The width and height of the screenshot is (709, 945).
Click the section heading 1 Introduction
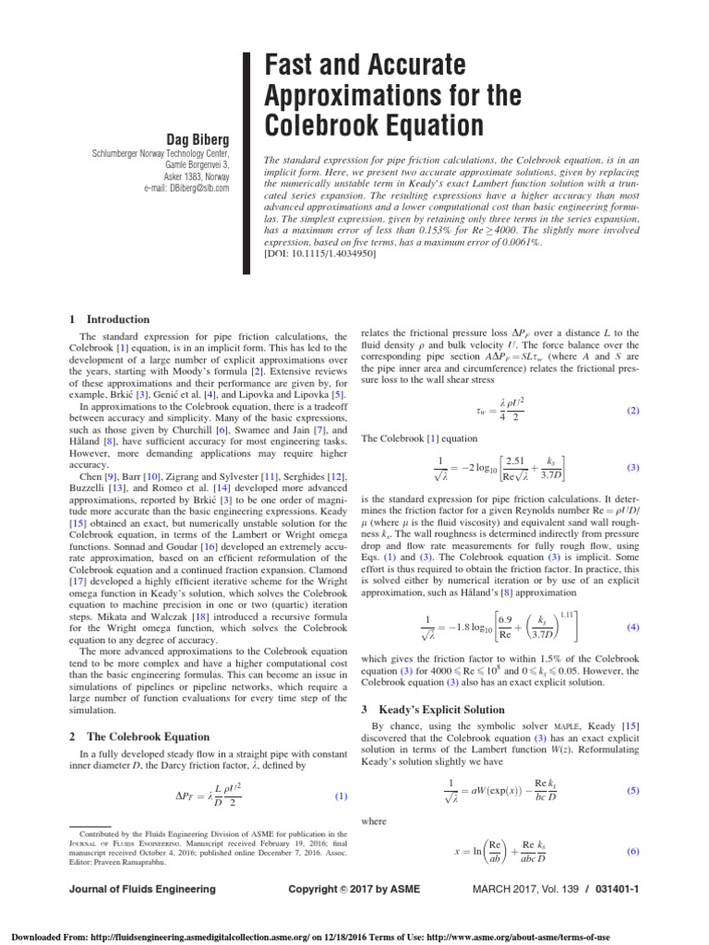click(103, 319)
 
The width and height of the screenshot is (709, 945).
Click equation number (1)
click(342, 796)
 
